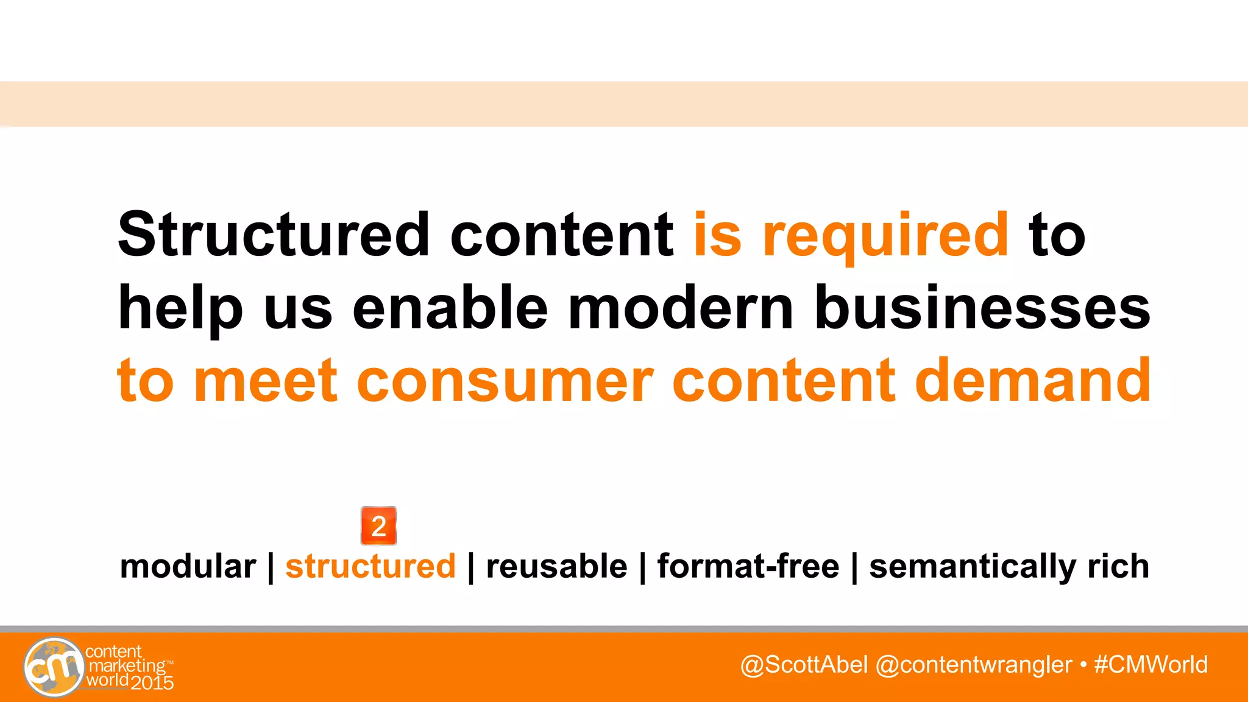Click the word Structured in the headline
pos(274,235)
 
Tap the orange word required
pos(885,236)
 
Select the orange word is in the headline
pos(718,235)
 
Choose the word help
pos(180,310)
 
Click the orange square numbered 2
pos(378,526)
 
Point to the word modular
pos(188,566)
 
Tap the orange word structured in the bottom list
pos(370,566)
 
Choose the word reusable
pos(556,566)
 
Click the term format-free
pos(748,566)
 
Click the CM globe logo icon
pos(54,667)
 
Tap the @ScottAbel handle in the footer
pos(804,664)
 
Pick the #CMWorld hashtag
pos(1150,664)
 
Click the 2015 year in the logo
pos(152,683)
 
